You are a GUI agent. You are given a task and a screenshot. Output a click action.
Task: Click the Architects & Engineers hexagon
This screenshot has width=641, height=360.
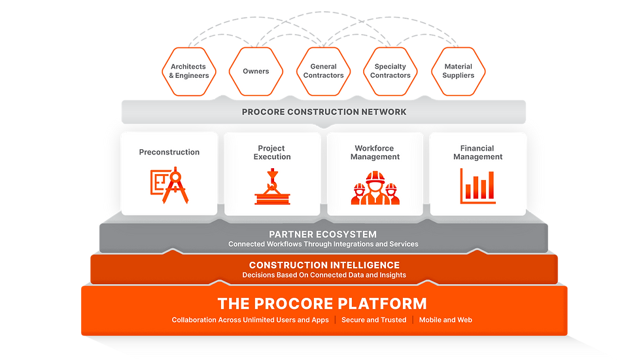[188, 71]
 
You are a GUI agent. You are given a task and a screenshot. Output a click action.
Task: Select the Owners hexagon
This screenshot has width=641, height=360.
[256, 71]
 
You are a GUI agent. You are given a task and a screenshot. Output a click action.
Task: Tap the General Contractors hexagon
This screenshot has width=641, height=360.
[323, 71]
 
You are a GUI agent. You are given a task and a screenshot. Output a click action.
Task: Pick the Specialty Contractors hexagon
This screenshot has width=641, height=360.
[390, 71]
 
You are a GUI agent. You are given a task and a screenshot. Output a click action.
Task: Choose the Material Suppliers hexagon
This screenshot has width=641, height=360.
[458, 71]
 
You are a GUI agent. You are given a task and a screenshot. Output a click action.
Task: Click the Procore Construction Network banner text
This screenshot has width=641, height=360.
[324, 112]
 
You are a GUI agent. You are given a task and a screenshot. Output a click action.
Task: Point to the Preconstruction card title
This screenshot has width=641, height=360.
[169, 153]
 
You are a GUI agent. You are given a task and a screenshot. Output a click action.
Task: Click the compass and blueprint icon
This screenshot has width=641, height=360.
[169, 186]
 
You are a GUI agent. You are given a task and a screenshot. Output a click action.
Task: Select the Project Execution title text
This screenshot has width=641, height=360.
[272, 153]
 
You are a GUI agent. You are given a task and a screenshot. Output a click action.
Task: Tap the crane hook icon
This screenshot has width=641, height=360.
[272, 187]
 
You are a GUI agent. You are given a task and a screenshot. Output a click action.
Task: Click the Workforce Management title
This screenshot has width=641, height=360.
[375, 153]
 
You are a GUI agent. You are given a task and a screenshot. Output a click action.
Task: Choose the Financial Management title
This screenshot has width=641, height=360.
[477, 153]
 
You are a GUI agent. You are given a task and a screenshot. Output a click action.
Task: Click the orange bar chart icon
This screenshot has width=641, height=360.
[477, 185]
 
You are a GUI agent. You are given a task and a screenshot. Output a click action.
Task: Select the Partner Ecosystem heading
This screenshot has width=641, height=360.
[323, 234]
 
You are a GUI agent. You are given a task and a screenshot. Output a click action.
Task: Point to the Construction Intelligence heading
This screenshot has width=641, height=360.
[324, 265]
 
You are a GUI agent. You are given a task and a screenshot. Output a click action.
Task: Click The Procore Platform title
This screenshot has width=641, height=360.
[322, 303]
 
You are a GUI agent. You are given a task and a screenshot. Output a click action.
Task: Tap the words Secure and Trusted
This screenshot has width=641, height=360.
[373, 320]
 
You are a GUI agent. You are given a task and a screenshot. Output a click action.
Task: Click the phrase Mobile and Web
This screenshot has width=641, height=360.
[446, 320]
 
